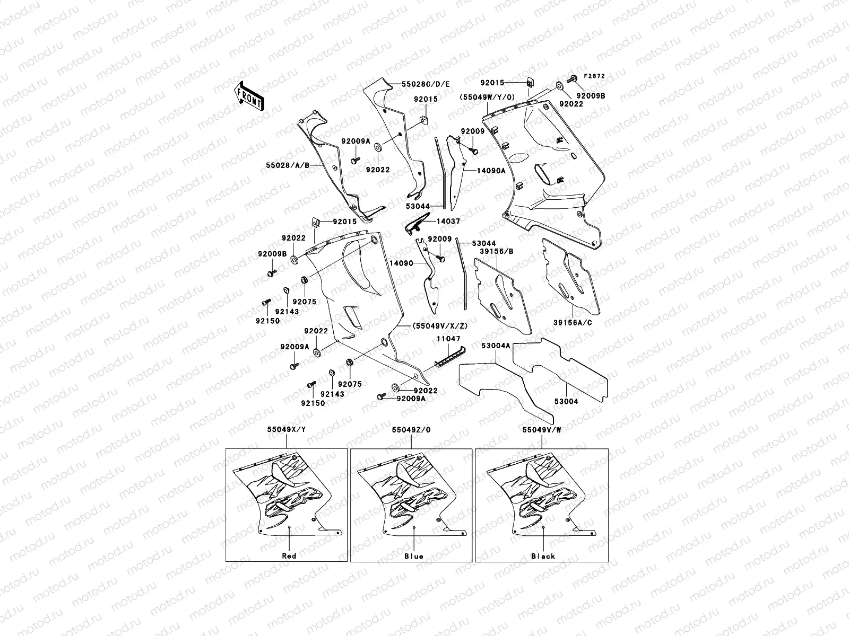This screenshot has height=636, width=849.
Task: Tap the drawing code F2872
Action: point(595,76)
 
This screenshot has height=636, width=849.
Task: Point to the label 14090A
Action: point(491,171)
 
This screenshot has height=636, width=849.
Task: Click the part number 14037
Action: point(448,221)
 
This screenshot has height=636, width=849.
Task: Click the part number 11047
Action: point(448,338)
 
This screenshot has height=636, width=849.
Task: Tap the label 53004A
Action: point(496,346)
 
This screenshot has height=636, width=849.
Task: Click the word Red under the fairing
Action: point(289,556)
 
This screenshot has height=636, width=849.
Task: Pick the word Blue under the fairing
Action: point(413,556)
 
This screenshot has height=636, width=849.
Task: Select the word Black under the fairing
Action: point(543,556)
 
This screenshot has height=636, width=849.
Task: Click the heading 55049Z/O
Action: point(412,430)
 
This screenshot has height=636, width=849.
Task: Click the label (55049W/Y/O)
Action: point(487,98)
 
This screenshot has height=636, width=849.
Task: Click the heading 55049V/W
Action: point(542,430)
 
